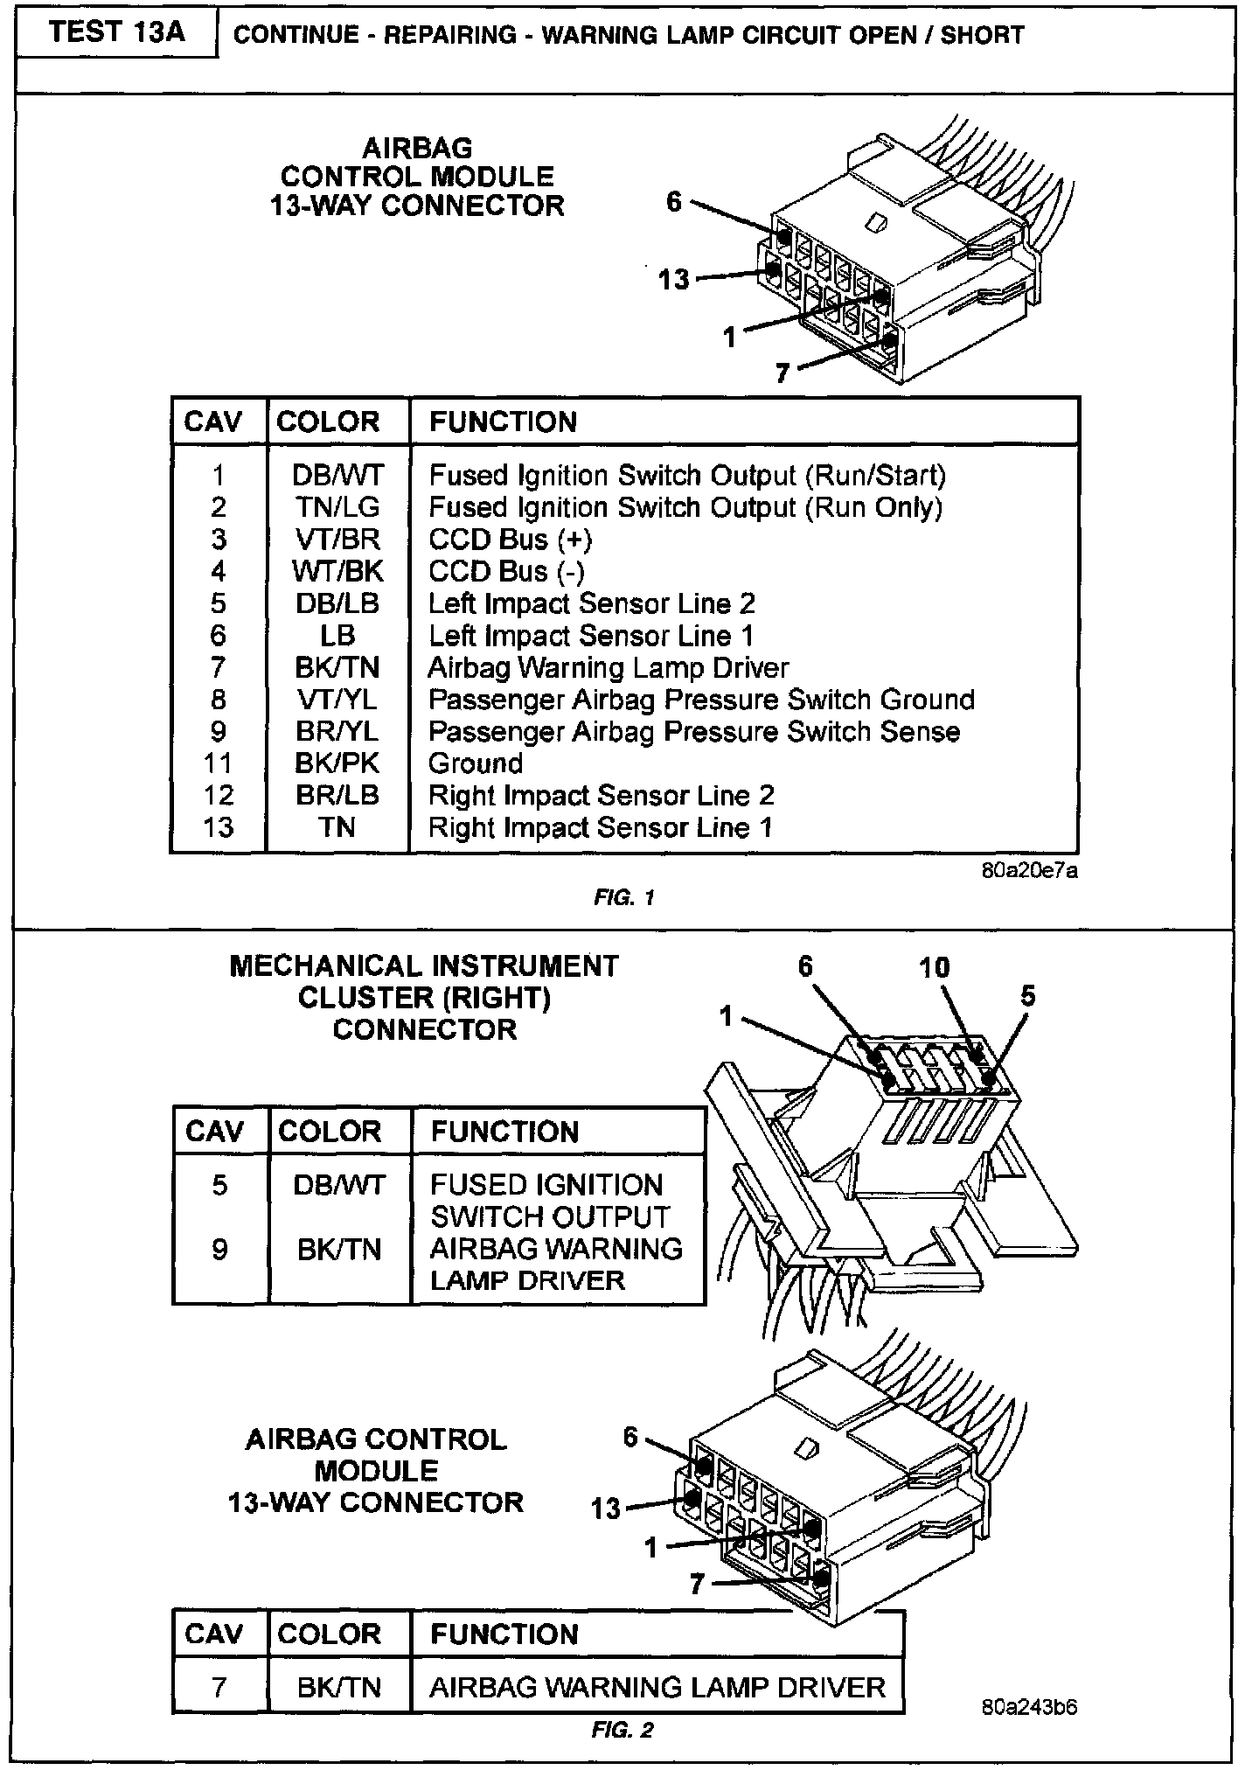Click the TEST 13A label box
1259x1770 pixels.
coord(117,34)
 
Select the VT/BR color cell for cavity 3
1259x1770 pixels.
coord(337,540)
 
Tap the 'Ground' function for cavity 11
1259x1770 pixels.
coord(476,763)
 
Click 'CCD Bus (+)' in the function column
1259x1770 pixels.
coord(511,540)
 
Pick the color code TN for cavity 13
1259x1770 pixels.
coord(337,827)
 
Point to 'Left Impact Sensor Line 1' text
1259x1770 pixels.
coord(591,636)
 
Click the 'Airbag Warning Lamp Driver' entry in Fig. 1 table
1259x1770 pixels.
coord(609,668)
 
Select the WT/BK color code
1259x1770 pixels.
coord(337,572)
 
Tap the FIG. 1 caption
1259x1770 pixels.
coord(623,898)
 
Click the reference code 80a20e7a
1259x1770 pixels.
coord(1029,872)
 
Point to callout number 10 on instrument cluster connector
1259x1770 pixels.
coord(934,967)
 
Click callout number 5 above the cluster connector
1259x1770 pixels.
coord(1028,996)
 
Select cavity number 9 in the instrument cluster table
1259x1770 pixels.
coord(219,1250)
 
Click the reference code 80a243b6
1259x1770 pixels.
coord(1029,1706)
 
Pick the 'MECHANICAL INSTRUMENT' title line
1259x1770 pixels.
coord(424,966)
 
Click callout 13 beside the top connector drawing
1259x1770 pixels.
coord(674,280)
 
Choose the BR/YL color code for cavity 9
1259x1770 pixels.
coord(337,732)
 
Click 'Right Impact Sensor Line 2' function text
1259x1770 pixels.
coord(602,796)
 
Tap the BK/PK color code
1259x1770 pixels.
coord(337,763)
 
